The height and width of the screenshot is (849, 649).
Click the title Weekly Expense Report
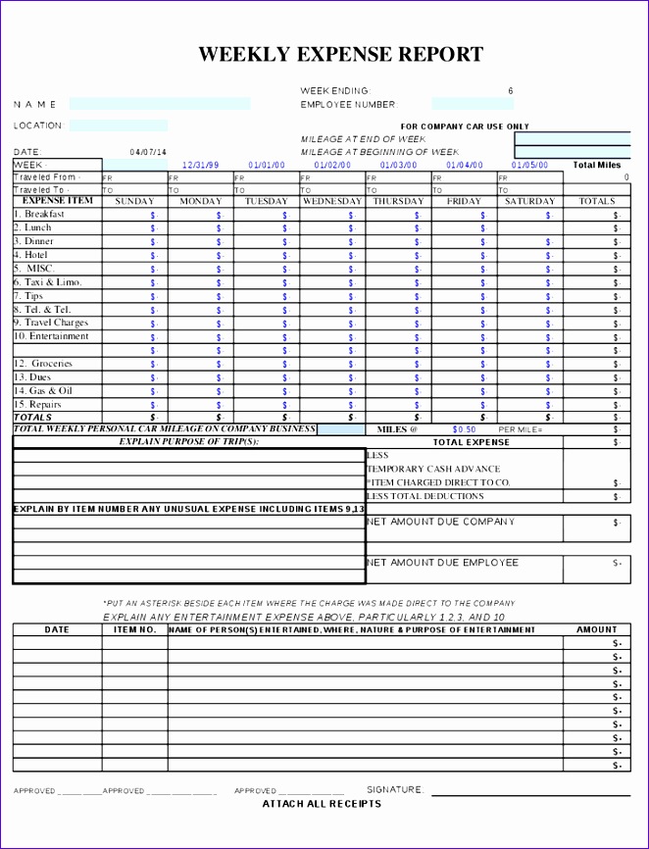pos(340,55)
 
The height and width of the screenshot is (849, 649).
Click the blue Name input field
pos(160,104)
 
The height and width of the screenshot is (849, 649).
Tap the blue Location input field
pos(118,125)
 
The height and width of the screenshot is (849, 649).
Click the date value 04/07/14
pos(148,152)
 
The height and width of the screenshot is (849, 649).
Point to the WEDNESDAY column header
pos(332,201)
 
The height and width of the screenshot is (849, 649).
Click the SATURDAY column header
pos(529,201)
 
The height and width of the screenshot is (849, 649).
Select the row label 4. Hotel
pos(30,255)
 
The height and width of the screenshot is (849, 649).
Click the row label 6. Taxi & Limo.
pos(47,282)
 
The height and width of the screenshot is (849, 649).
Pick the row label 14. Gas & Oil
pos(43,391)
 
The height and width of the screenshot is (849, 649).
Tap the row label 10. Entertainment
pos(51,336)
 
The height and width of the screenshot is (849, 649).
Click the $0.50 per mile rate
pos(464,429)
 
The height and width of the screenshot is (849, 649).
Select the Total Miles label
pos(596,166)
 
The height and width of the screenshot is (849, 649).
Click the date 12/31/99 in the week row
pos(201,166)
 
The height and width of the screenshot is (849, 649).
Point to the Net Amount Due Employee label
pos(442,563)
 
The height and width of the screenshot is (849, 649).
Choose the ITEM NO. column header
pos(134,630)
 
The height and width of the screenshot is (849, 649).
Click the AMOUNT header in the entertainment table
pos(596,630)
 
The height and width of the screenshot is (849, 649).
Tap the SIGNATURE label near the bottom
pos(395,789)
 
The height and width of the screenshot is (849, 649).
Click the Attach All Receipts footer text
pos(322,804)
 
